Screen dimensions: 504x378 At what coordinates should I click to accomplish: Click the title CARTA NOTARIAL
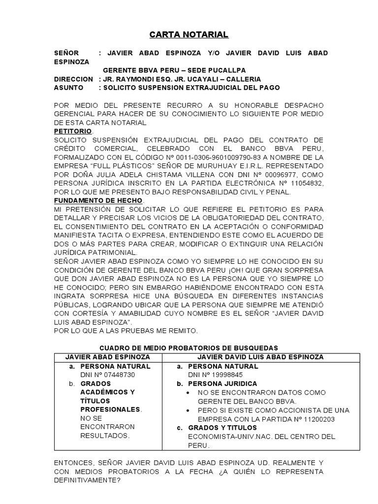click(x=189, y=34)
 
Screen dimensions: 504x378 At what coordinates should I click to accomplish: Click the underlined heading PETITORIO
click(x=72, y=131)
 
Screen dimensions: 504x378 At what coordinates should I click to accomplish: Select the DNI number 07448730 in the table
click(x=117, y=375)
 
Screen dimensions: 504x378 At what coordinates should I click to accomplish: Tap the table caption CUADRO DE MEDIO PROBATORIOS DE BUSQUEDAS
click(x=189, y=348)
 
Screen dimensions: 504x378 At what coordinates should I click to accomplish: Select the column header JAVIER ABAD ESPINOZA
click(x=108, y=357)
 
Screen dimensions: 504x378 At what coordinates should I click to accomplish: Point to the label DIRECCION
click(x=73, y=79)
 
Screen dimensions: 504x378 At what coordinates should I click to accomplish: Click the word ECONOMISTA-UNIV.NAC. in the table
click(x=223, y=437)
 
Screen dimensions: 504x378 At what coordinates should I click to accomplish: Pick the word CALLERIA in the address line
click(x=243, y=79)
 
